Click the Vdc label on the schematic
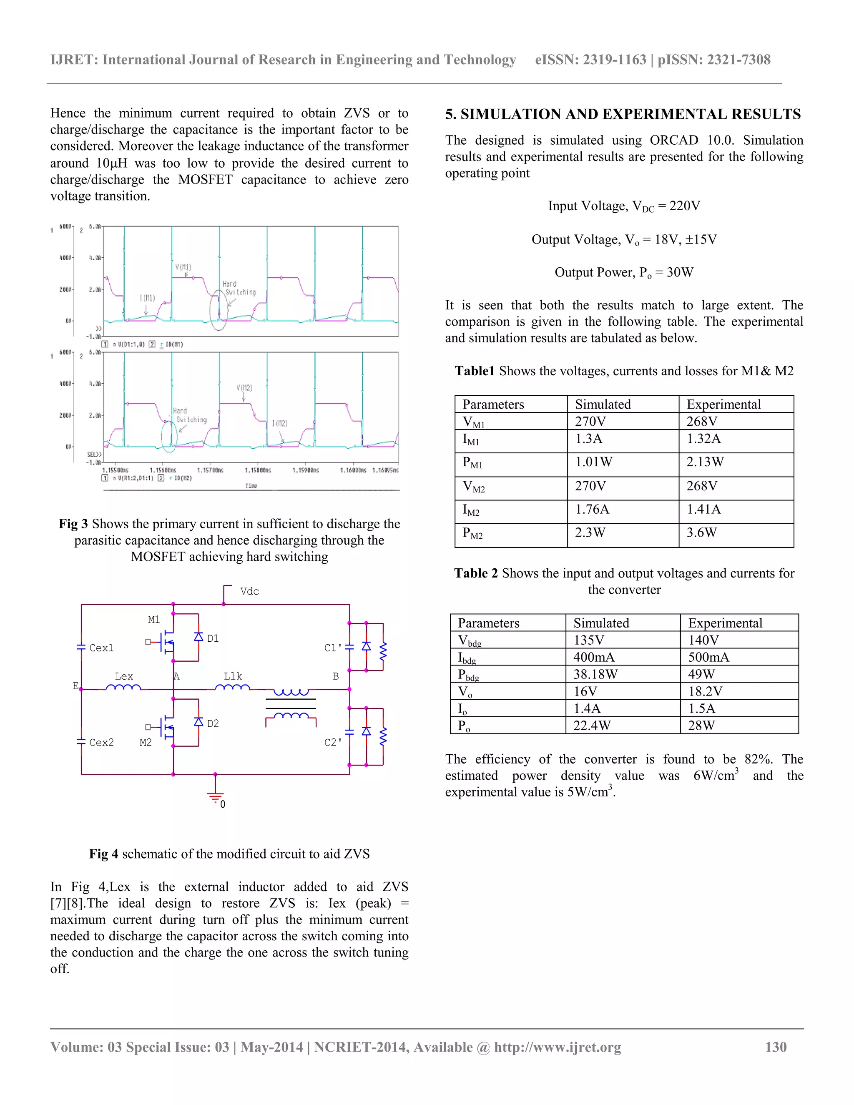click(x=249, y=591)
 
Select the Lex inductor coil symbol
click(x=123, y=688)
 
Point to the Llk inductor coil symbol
click(x=232, y=688)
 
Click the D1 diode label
click(x=213, y=638)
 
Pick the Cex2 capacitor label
click(x=101, y=742)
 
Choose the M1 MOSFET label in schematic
click(x=154, y=619)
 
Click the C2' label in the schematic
click(x=333, y=742)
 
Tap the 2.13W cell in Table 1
click(x=705, y=462)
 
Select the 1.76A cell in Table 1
click(x=592, y=509)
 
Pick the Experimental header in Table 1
click(x=723, y=404)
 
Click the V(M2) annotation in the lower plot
click(x=244, y=388)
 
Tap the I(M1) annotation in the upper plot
click(x=147, y=298)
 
